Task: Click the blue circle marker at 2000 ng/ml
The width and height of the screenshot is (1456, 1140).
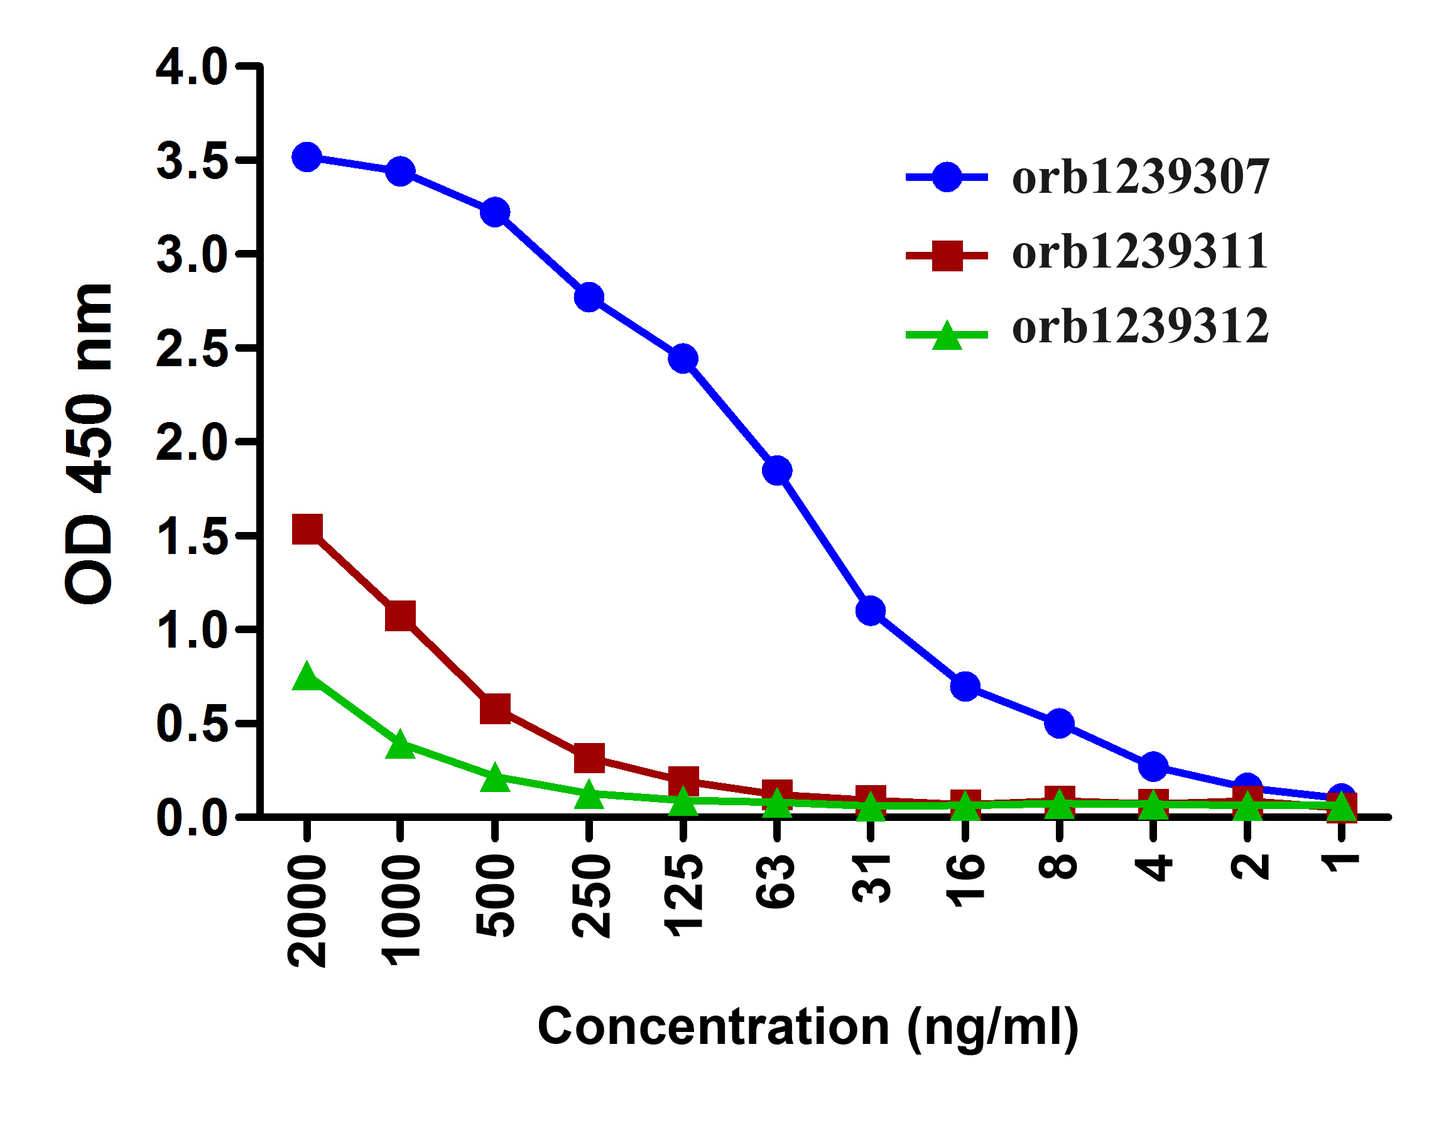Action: tap(307, 158)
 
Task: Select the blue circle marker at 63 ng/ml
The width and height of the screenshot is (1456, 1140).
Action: tap(777, 470)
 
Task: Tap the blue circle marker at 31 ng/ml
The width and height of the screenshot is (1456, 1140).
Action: tap(871, 610)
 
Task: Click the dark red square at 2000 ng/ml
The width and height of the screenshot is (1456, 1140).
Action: tap(307, 529)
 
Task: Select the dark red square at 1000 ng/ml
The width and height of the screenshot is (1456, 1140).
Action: tap(401, 615)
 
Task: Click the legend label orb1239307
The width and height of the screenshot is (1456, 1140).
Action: tap(1140, 178)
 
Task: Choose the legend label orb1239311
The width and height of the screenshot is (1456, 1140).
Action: tap(1140, 252)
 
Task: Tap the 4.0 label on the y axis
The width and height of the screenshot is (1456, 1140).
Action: tap(191, 67)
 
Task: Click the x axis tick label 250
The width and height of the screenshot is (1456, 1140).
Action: tap(591, 896)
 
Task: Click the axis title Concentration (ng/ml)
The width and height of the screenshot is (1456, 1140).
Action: tap(808, 1026)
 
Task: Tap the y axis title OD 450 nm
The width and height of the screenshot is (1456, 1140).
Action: tap(89, 443)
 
